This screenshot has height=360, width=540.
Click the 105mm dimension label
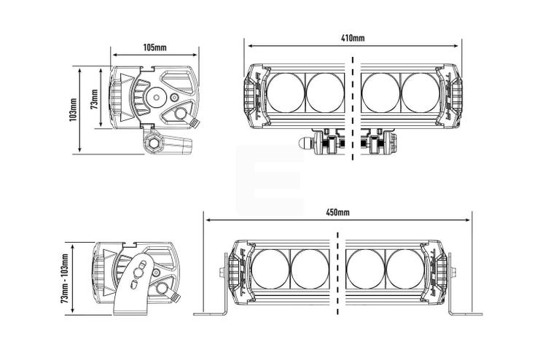click(x=155, y=47)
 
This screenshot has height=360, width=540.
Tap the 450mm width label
click(x=338, y=212)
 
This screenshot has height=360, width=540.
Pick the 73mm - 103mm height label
click(x=65, y=279)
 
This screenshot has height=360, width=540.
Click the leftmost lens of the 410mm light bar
click(x=284, y=93)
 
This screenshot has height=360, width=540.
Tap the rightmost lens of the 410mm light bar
click(x=420, y=93)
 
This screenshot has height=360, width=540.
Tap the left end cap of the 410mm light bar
click(x=253, y=95)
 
